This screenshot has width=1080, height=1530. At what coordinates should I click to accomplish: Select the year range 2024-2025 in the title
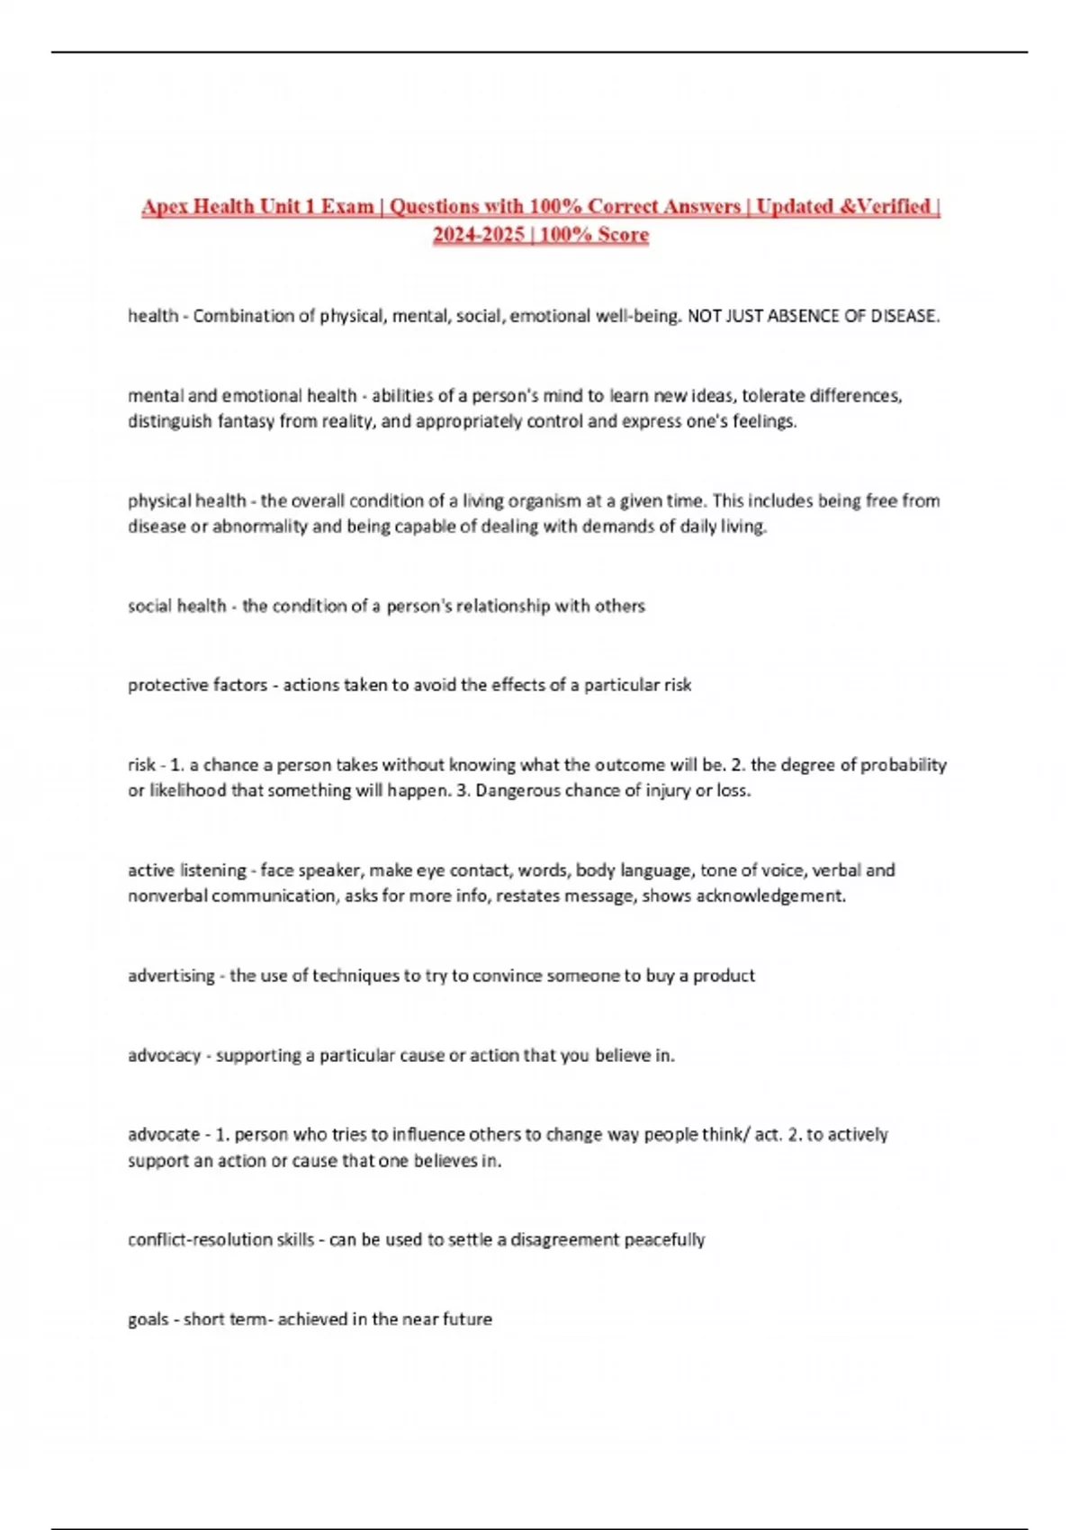point(478,235)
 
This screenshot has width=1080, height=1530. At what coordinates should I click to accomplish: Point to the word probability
point(904,765)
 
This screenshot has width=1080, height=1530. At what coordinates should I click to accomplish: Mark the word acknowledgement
point(770,895)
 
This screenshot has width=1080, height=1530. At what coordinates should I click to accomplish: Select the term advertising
point(171,976)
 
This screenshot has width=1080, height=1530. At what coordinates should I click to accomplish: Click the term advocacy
point(164,1055)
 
